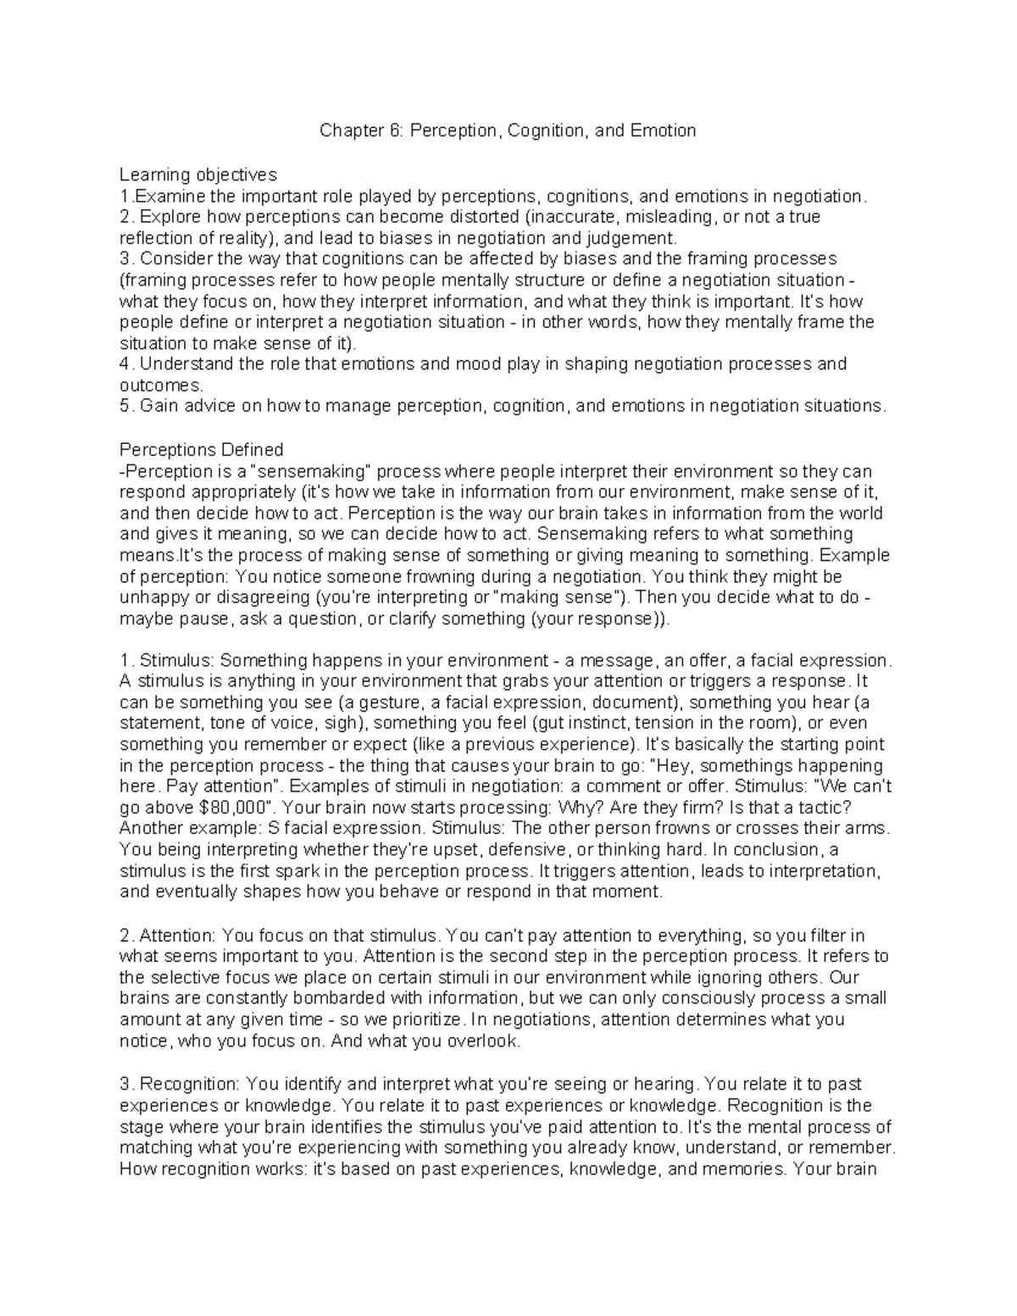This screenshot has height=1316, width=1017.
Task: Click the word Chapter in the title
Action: tap(347, 130)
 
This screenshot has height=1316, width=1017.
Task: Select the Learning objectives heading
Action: tap(197, 175)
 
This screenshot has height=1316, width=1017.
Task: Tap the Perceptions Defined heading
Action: tap(201, 449)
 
